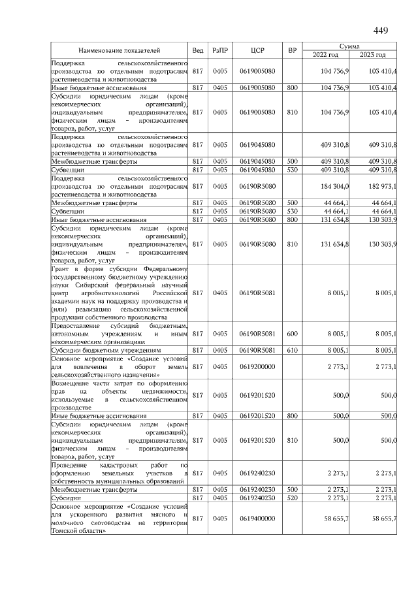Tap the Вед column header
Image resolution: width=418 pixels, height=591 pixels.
point(198,50)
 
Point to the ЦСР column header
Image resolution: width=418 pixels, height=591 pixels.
point(257,50)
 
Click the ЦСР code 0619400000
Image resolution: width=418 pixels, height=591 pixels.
point(257,518)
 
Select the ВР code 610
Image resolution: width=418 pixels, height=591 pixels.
point(292,350)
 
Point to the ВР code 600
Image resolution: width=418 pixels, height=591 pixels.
point(292,334)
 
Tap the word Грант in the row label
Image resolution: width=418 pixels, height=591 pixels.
point(63,269)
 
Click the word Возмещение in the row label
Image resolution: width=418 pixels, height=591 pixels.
point(72,383)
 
